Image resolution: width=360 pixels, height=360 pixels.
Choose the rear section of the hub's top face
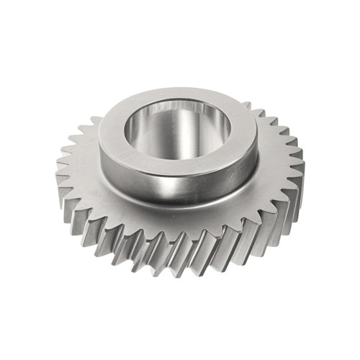tap(180, 96)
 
